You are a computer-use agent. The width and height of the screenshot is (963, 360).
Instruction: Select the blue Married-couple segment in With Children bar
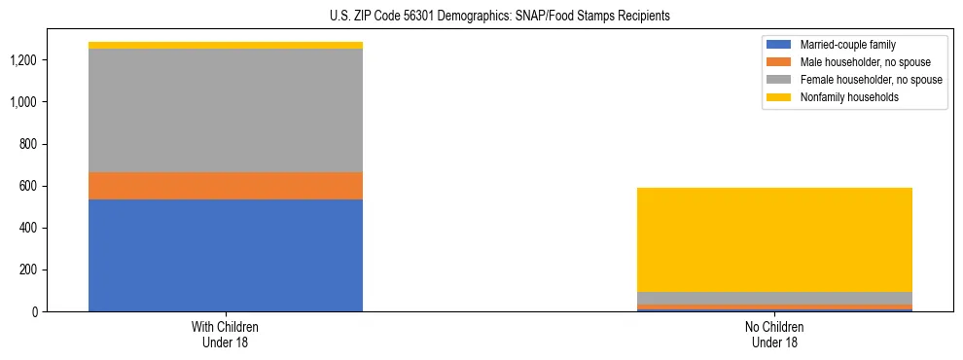pos(226,255)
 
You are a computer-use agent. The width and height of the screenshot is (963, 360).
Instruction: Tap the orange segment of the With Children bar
pos(226,186)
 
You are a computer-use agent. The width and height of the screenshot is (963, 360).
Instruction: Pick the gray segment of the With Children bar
pos(226,110)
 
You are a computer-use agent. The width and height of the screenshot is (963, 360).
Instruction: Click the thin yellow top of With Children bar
pos(226,45)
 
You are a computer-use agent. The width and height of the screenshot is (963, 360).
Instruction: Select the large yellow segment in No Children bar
pos(775,239)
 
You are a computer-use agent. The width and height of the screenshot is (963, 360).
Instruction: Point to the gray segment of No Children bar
pos(775,298)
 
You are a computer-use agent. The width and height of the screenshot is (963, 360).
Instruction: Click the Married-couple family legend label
pos(848,45)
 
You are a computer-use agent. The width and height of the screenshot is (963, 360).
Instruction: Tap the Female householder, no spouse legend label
pos(872,80)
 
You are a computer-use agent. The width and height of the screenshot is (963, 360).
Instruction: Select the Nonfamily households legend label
pos(849,97)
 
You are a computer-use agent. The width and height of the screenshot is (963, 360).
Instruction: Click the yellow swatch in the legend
pos(779,97)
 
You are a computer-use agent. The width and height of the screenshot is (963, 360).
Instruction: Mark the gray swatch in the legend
pos(779,80)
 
